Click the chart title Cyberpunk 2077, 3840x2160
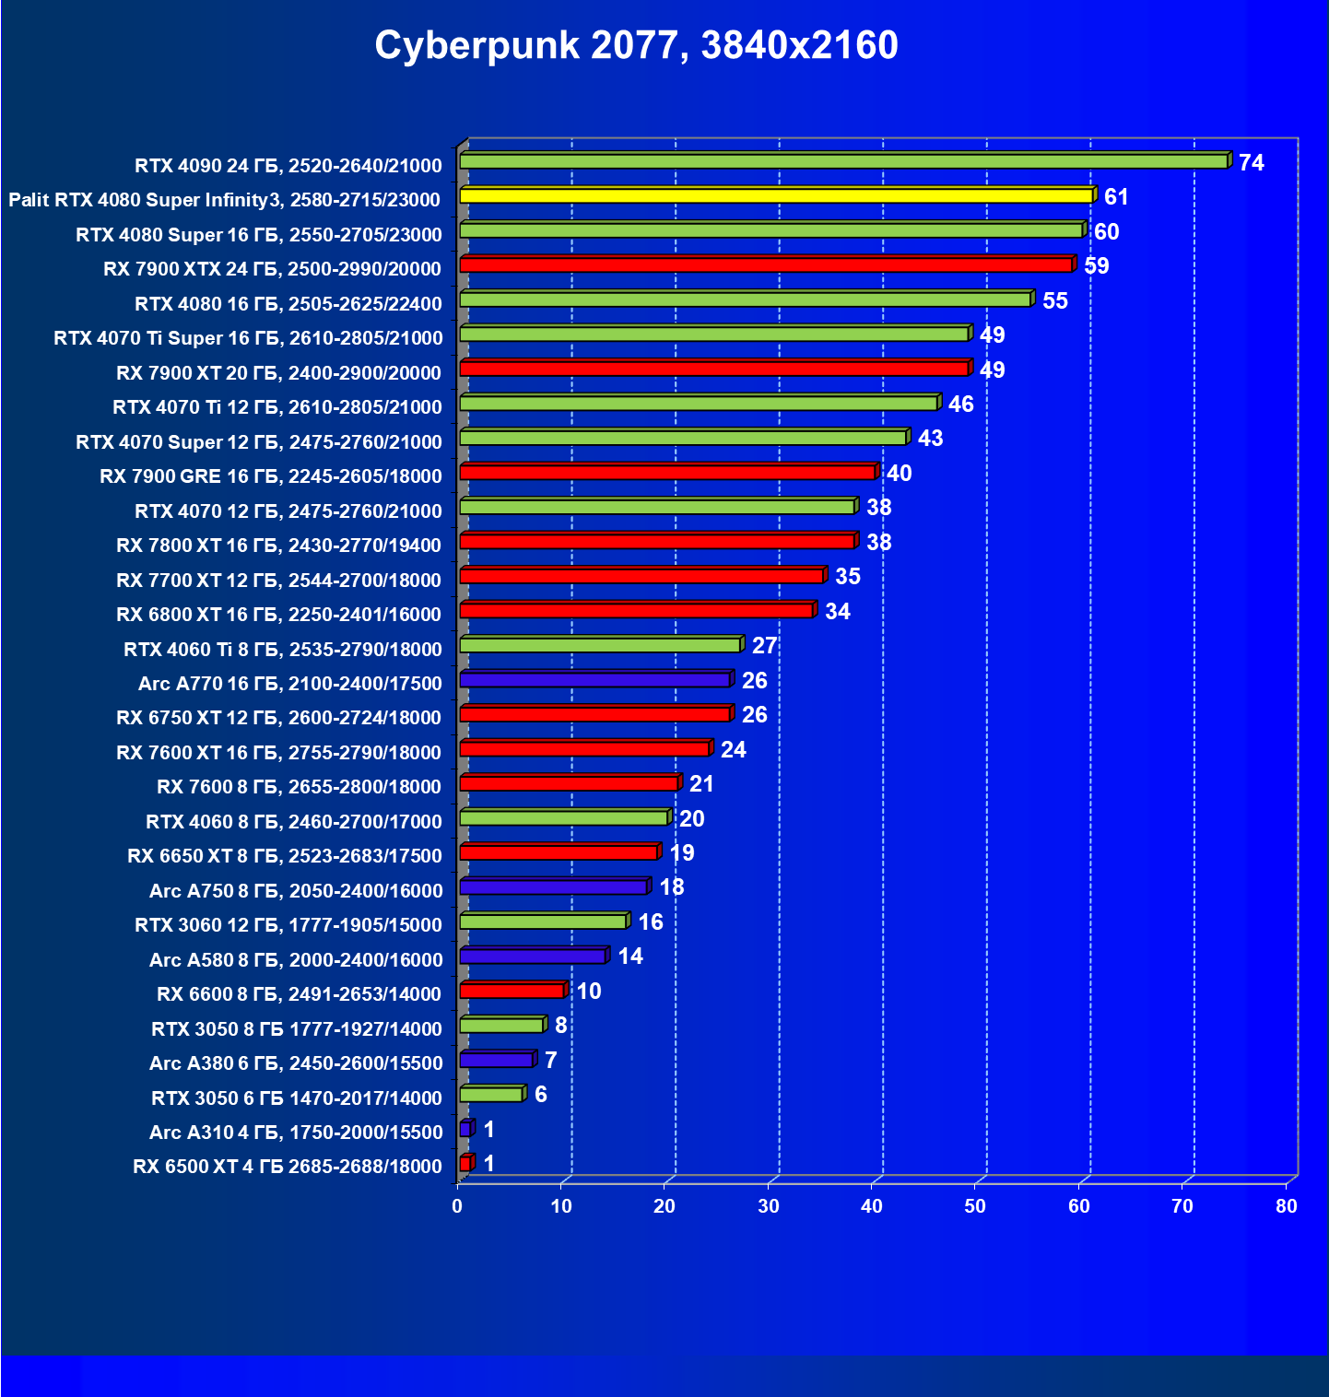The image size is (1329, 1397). pyautogui.click(x=636, y=45)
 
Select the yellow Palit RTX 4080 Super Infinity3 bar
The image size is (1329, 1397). pyautogui.click(x=776, y=195)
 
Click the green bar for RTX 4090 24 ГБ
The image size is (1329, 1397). pyautogui.click(x=843, y=161)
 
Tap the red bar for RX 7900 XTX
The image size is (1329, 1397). pyautogui.click(x=765, y=265)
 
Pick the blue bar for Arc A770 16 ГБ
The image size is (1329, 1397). pyautogui.click(x=594, y=680)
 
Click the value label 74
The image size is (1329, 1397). pyautogui.click(x=1251, y=163)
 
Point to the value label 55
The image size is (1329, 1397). pyautogui.click(x=1054, y=301)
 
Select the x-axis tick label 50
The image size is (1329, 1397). pyautogui.click(x=975, y=1206)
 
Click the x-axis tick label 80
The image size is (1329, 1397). pyautogui.click(x=1286, y=1206)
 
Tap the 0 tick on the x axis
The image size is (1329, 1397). pyautogui.click(x=457, y=1206)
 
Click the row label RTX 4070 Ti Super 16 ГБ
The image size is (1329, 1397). pyautogui.click(x=248, y=338)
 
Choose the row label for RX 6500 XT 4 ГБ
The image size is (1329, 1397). pyautogui.click(x=288, y=1167)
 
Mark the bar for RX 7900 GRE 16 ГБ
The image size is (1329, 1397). pyautogui.click(x=666, y=473)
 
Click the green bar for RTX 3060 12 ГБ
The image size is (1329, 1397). pyautogui.click(x=543, y=922)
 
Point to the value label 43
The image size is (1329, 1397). pyautogui.click(x=930, y=439)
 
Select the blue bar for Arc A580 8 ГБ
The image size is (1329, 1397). pyautogui.click(x=532, y=957)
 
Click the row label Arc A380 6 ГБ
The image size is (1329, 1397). pyautogui.click(x=296, y=1063)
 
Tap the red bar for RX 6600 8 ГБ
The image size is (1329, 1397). pyautogui.click(x=512, y=991)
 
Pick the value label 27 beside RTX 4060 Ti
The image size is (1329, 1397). pyautogui.click(x=764, y=646)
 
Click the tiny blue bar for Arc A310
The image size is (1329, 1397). pyautogui.click(x=465, y=1129)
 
